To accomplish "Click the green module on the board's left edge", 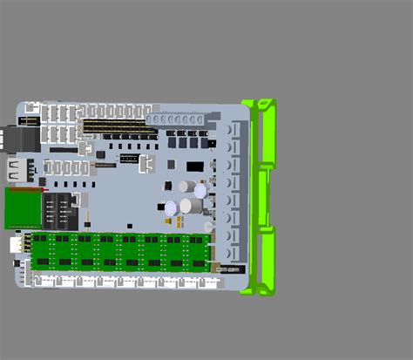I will click(x=24, y=207).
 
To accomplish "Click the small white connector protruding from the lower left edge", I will click(x=17, y=247).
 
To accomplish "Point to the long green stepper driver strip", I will click(x=122, y=250).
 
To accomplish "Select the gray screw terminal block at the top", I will click(x=179, y=119).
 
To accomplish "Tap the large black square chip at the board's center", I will click(x=195, y=166).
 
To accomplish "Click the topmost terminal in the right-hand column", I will click(x=234, y=129).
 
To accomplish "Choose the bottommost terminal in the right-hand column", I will click(x=234, y=254).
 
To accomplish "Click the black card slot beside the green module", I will click(x=61, y=209).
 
